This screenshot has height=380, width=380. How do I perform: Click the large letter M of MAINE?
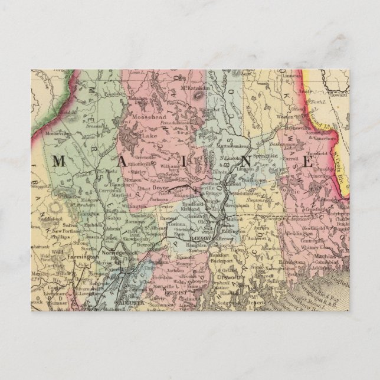tap(61, 160)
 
